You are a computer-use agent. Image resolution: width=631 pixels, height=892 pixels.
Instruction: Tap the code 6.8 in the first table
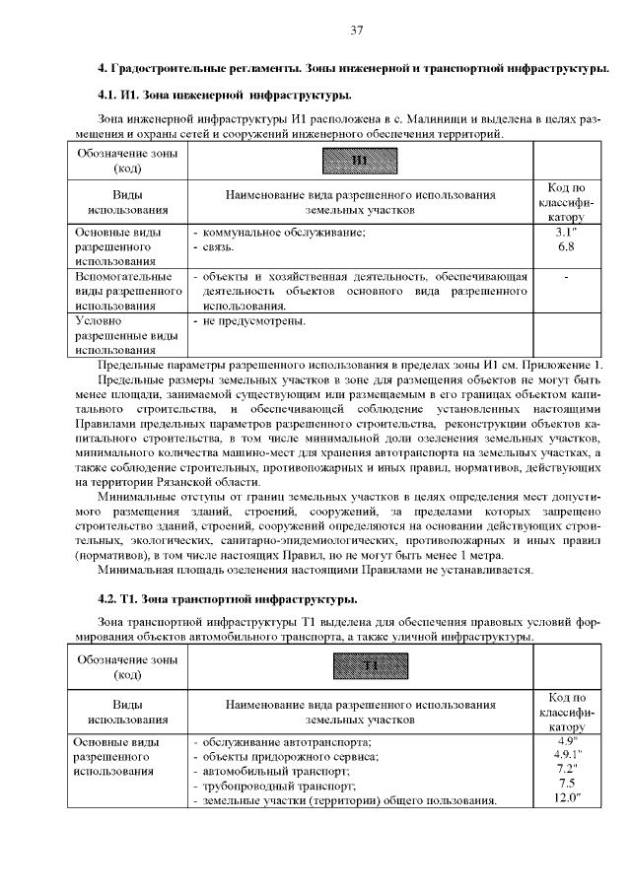[x=566, y=246]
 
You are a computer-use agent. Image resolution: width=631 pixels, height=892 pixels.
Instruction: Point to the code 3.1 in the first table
[x=566, y=232]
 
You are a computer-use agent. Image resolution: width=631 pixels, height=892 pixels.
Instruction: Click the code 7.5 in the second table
[x=566, y=784]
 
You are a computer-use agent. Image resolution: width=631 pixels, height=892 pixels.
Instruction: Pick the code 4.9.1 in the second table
[x=566, y=754]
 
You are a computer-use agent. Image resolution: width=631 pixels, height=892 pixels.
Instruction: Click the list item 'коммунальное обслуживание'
[x=284, y=233]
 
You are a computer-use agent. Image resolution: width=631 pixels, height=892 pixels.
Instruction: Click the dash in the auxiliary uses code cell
[x=566, y=278]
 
